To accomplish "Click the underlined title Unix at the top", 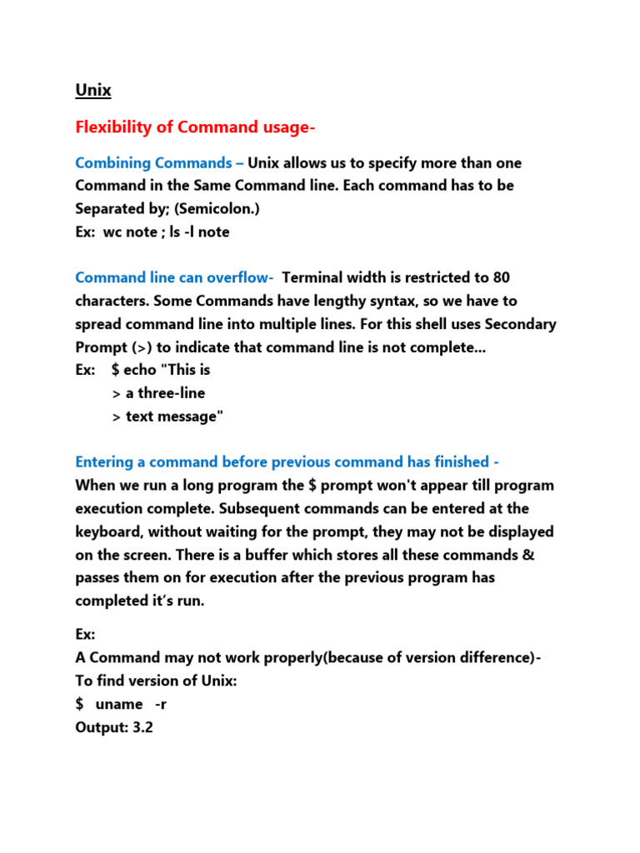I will pyautogui.click(x=92, y=90).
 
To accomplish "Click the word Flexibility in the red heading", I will pyautogui.click(x=113, y=127).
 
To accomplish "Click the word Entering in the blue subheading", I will pyautogui.click(x=106, y=462).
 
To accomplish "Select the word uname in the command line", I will pyautogui.click(x=119, y=704).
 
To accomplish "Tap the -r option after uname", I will pyautogui.click(x=162, y=704).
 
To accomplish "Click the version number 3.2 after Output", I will pyautogui.click(x=142, y=727).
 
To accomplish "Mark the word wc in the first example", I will pyautogui.click(x=112, y=232).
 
